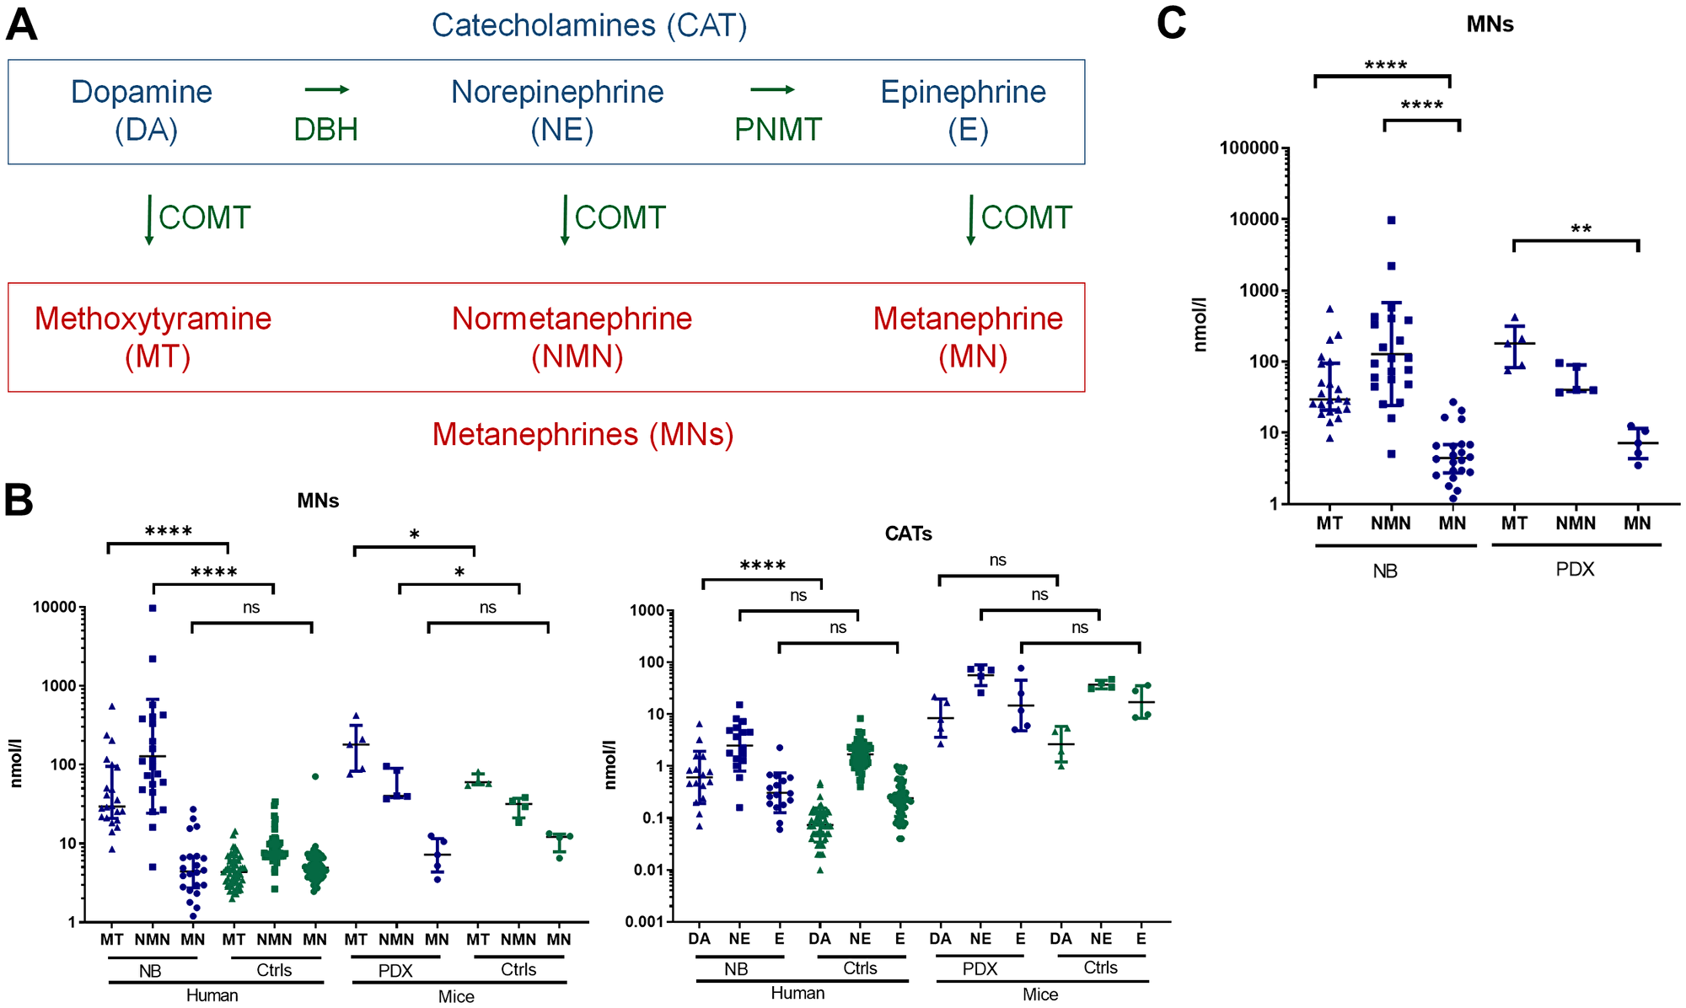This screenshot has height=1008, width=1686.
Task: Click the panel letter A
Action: (21, 24)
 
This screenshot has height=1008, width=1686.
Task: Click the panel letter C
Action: (1171, 23)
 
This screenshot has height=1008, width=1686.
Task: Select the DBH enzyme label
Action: (325, 130)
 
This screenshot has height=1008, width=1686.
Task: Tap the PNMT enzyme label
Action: (777, 130)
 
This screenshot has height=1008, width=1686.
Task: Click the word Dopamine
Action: (142, 92)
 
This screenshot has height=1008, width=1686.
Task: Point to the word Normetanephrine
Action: (572, 319)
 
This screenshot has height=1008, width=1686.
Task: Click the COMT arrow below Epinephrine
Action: (971, 219)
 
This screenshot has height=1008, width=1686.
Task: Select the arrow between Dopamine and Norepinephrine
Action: (326, 89)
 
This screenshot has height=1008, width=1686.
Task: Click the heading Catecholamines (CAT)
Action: (588, 25)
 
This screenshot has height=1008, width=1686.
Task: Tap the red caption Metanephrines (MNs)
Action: (583, 434)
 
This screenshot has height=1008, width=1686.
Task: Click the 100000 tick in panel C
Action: (1248, 148)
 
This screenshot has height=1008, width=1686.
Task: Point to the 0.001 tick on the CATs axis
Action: (647, 921)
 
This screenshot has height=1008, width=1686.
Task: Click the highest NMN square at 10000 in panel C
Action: (1391, 220)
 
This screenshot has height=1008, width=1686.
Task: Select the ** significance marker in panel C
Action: (1581, 230)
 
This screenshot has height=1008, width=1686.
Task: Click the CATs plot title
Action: (908, 533)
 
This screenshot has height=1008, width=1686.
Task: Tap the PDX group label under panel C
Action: (1575, 569)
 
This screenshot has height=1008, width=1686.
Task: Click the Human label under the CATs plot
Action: (797, 993)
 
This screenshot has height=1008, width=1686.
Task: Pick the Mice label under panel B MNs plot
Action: (456, 996)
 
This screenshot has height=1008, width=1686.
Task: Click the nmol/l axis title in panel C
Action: (1200, 324)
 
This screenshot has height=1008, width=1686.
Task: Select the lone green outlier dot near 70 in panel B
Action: (314, 776)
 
